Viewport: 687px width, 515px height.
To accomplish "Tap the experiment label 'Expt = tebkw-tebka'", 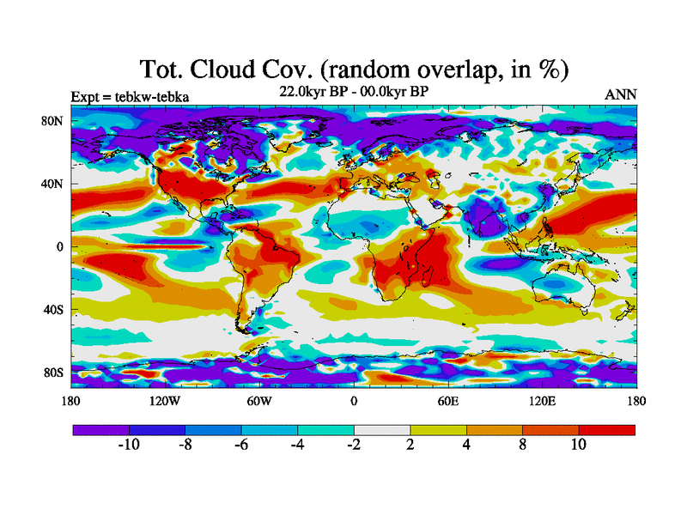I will (x=130, y=96).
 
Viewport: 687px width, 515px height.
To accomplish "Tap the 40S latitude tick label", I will (x=52, y=310).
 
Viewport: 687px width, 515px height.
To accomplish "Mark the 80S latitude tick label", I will (x=52, y=373).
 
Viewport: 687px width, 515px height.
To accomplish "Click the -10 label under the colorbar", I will (x=129, y=445).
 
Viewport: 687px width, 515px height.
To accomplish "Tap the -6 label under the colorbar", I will (x=241, y=445).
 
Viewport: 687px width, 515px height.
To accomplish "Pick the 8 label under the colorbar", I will (x=523, y=445).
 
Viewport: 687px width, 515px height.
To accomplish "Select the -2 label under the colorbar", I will (x=354, y=445).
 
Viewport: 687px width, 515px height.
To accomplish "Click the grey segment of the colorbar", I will (x=382, y=429).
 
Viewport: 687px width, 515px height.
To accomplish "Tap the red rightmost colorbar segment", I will (x=607, y=429).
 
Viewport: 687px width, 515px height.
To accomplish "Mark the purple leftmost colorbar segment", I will (x=100, y=429).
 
